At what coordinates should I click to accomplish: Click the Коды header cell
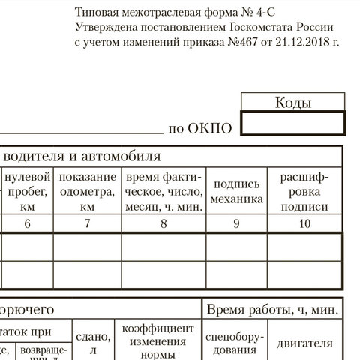click(293, 103)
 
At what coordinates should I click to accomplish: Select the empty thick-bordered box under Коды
click(293, 124)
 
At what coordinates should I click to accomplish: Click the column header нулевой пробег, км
click(28, 190)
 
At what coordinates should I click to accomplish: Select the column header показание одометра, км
click(88, 190)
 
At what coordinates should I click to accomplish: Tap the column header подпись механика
click(238, 191)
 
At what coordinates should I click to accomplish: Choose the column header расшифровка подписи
click(304, 190)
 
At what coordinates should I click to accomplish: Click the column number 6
click(28, 223)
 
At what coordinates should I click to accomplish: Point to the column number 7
click(88, 223)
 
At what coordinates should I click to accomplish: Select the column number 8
click(163, 223)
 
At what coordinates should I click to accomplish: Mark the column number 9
click(238, 223)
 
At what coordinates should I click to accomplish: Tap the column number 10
click(304, 223)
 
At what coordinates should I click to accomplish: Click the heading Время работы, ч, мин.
click(272, 309)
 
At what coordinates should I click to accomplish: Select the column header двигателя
click(305, 343)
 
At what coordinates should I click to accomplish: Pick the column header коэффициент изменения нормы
click(159, 342)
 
